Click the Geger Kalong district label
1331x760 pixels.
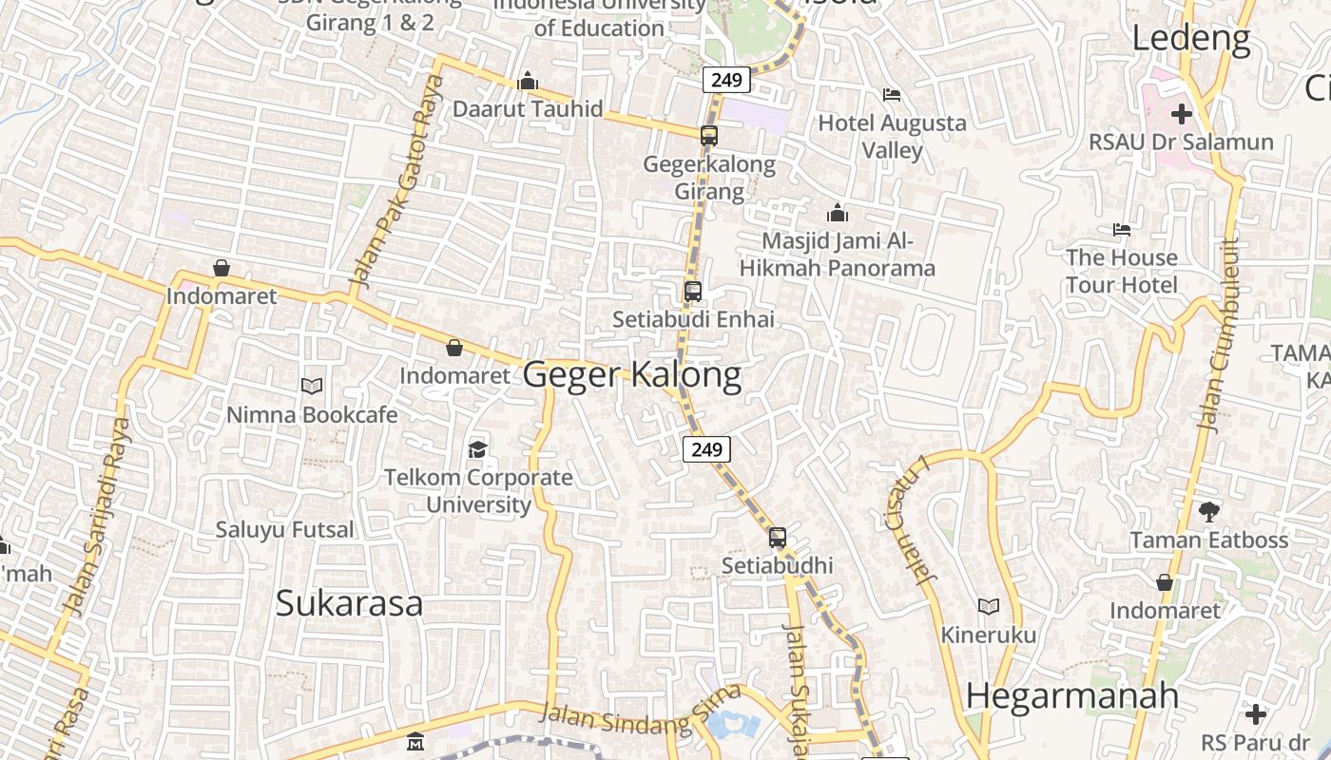(632, 375)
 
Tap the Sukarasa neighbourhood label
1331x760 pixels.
(349, 603)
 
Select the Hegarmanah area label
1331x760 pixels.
(1071, 696)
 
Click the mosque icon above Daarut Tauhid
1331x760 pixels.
(528, 82)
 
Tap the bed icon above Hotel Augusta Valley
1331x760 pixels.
(892, 95)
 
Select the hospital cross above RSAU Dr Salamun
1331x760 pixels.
(1181, 114)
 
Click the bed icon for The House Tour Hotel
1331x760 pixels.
(1122, 230)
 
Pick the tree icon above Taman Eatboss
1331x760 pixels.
(1208, 512)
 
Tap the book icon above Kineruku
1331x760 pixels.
(989, 606)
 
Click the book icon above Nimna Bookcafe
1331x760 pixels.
(312, 386)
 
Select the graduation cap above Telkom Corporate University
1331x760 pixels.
(477, 448)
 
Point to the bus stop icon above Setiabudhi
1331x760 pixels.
(778, 538)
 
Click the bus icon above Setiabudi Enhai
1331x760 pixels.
(693, 292)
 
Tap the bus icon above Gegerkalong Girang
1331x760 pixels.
(709, 136)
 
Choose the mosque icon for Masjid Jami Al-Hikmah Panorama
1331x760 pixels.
(838, 213)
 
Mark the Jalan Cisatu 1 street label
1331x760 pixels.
(916, 518)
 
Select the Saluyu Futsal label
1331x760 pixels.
(284, 529)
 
